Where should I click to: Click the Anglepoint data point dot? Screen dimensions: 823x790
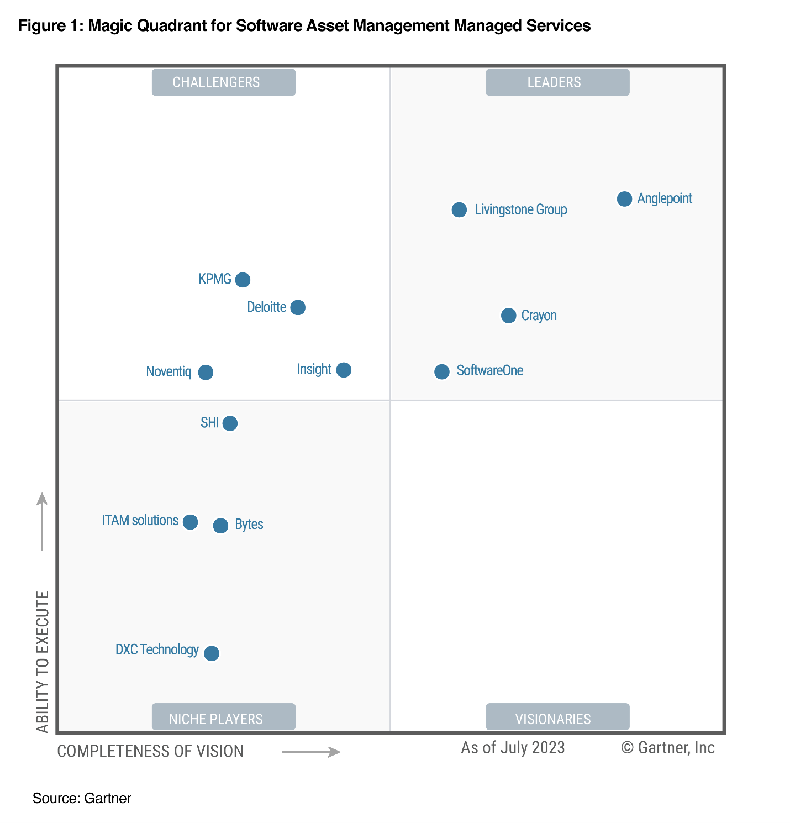[624, 199]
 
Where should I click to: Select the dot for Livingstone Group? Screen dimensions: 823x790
[459, 209]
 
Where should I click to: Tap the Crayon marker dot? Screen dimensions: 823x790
[508, 316]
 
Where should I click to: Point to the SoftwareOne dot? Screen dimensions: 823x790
[441, 371]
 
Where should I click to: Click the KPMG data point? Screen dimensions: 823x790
[243, 280]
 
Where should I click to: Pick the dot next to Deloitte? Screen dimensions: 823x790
[298, 307]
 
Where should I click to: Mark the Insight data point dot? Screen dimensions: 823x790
[344, 370]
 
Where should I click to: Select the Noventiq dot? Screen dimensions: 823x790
[206, 373]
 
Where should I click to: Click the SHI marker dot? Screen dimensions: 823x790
[230, 423]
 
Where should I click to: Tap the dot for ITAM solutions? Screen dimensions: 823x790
[190, 522]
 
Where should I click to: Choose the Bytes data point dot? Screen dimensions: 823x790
[220, 526]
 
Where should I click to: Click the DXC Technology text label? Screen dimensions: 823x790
[157, 649]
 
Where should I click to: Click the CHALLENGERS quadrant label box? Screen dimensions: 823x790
[223, 82]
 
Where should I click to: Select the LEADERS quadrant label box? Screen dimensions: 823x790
[557, 82]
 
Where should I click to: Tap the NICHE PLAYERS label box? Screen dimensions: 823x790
[223, 717]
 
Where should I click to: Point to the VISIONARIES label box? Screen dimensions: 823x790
[557, 717]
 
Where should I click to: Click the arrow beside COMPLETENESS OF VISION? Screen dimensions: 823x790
[311, 752]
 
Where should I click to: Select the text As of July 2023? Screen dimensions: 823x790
[513, 748]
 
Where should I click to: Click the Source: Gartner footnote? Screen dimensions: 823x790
[82, 798]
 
